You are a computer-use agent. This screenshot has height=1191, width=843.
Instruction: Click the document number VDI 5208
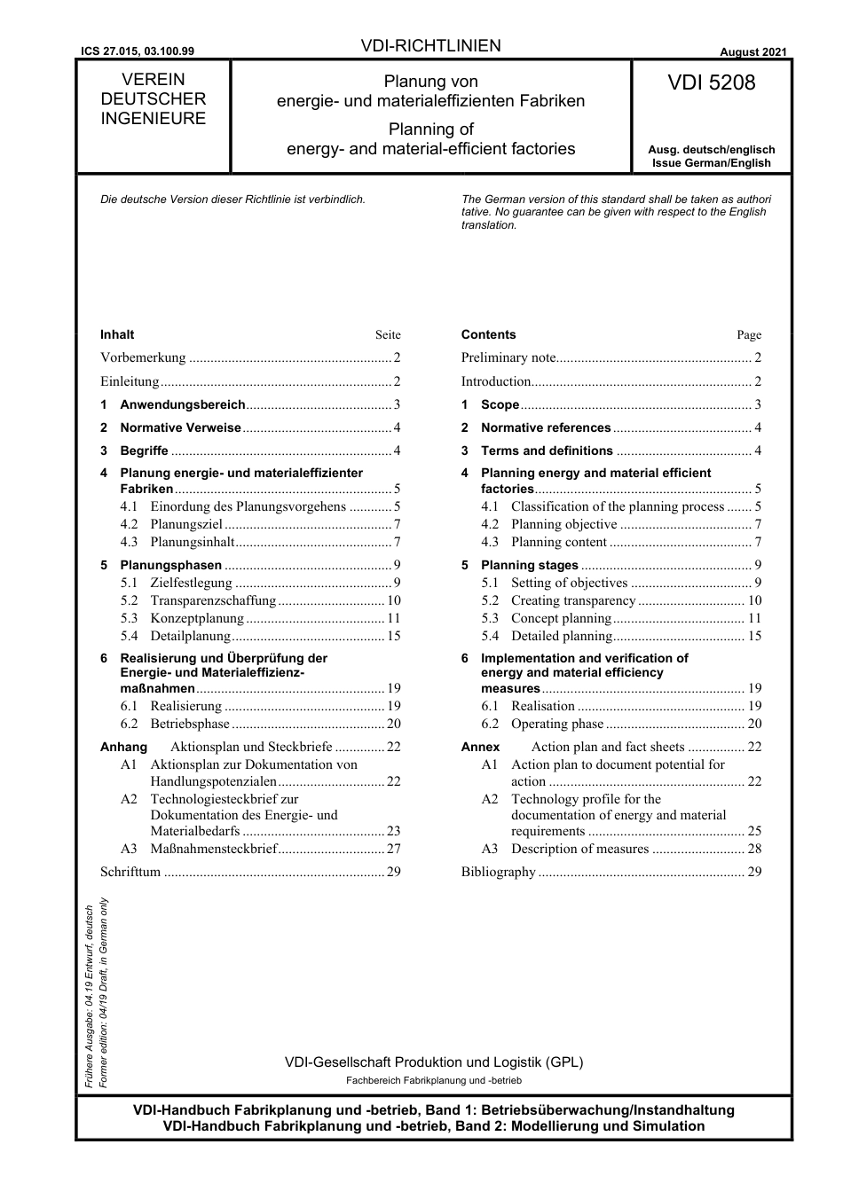pos(711,83)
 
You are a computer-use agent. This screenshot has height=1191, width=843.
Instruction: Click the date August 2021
pos(752,52)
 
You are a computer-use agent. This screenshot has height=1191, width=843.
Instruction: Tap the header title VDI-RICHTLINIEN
pos(431,46)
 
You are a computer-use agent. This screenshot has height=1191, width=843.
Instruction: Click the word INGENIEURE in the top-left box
pos(153,119)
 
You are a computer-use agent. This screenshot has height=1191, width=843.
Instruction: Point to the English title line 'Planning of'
pos(430,129)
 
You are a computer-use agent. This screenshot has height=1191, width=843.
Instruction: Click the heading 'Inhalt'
pos(117,334)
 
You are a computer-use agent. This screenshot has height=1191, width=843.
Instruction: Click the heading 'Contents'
pos(488,334)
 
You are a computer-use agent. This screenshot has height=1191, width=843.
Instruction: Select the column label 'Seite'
pos(388,335)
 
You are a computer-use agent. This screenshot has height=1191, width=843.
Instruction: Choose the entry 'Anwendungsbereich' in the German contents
pos(182,404)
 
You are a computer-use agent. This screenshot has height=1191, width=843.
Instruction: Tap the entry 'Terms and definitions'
pos(547,451)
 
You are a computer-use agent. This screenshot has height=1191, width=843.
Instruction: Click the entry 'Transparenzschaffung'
pos(213,600)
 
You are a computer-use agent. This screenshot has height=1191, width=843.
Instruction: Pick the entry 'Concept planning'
pos(561,618)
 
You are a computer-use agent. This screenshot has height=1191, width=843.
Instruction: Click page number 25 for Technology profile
pos(754,831)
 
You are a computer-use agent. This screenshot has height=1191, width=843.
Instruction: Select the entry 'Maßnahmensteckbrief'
pos(214,849)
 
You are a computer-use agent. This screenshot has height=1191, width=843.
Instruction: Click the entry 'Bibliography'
pos(498,872)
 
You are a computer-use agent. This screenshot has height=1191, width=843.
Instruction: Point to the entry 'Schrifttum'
pos(130,872)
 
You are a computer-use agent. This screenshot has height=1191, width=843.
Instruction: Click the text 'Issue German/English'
pos(711,163)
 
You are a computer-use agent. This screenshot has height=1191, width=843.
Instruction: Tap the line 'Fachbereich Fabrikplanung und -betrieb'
pos(433,1080)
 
